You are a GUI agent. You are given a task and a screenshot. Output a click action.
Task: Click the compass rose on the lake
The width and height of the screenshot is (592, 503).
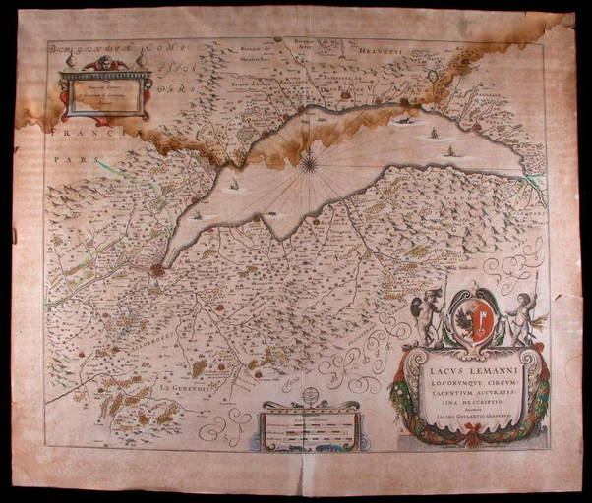coord(310,160)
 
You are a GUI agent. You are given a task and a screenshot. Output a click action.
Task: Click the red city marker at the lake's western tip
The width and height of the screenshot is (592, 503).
coord(156,269)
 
